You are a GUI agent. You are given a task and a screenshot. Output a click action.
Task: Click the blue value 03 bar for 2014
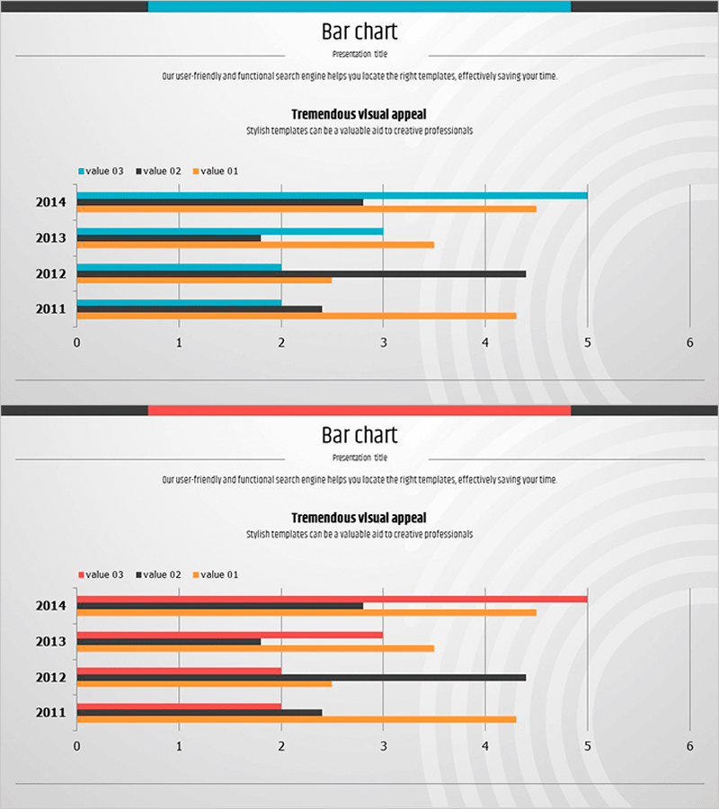point(333,195)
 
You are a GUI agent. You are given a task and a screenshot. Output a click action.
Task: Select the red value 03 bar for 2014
point(333,599)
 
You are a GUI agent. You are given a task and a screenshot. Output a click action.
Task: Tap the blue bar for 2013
point(230,231)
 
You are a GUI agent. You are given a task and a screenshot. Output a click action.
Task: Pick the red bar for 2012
point(179,671)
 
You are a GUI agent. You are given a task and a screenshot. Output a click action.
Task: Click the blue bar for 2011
point(179,303)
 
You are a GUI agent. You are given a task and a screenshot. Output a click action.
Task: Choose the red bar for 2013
point(230,635)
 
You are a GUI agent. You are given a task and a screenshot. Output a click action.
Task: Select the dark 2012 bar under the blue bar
point(301,273)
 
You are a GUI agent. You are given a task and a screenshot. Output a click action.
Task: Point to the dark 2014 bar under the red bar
point(220,606)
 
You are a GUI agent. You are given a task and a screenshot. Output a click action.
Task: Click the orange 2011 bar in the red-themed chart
point(297,719)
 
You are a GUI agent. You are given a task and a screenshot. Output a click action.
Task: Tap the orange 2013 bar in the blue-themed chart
point(255,244)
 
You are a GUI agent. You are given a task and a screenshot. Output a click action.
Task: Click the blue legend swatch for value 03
point(82,171)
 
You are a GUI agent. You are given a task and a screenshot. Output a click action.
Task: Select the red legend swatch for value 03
point(82,574)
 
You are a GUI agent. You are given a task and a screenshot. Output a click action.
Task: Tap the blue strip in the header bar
point(359,6)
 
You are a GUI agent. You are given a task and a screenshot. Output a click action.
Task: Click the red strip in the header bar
point(359,410)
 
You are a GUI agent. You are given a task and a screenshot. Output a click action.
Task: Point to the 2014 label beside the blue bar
point(51,202)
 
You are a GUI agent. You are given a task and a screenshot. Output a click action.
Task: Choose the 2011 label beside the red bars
point(51,713)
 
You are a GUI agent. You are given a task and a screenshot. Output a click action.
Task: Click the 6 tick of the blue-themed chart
point(690,342)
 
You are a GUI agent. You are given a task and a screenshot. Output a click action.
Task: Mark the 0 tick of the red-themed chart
point(76,746)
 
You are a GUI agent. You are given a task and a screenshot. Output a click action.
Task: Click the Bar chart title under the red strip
point(359,436)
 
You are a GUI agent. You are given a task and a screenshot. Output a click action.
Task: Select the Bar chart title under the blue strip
point(359,32)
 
